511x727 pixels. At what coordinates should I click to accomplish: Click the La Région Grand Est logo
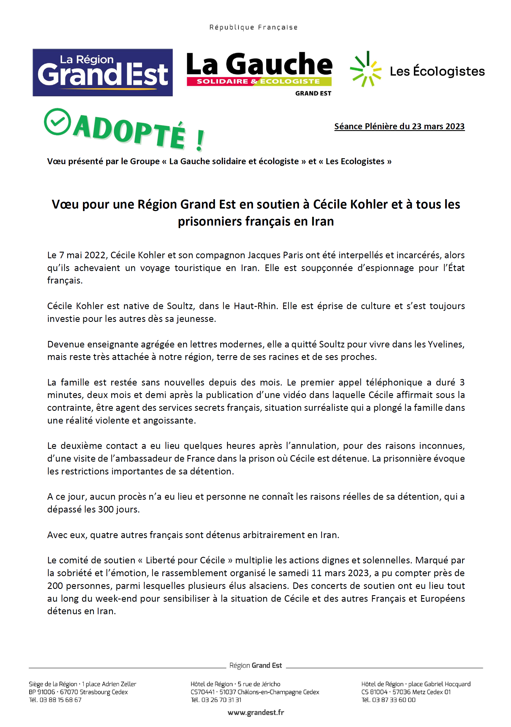click(102, 72)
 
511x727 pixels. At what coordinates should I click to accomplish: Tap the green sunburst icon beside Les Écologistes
click(366, 69)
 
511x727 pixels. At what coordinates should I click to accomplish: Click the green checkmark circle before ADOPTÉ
click(58, 122)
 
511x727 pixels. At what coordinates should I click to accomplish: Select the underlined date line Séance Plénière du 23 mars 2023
click(399, 126)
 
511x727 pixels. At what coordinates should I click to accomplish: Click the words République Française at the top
click(254, 28)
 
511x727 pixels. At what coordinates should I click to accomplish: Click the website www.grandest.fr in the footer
click(256, 713)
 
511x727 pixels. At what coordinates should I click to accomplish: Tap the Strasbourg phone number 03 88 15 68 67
click(60, 700)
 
